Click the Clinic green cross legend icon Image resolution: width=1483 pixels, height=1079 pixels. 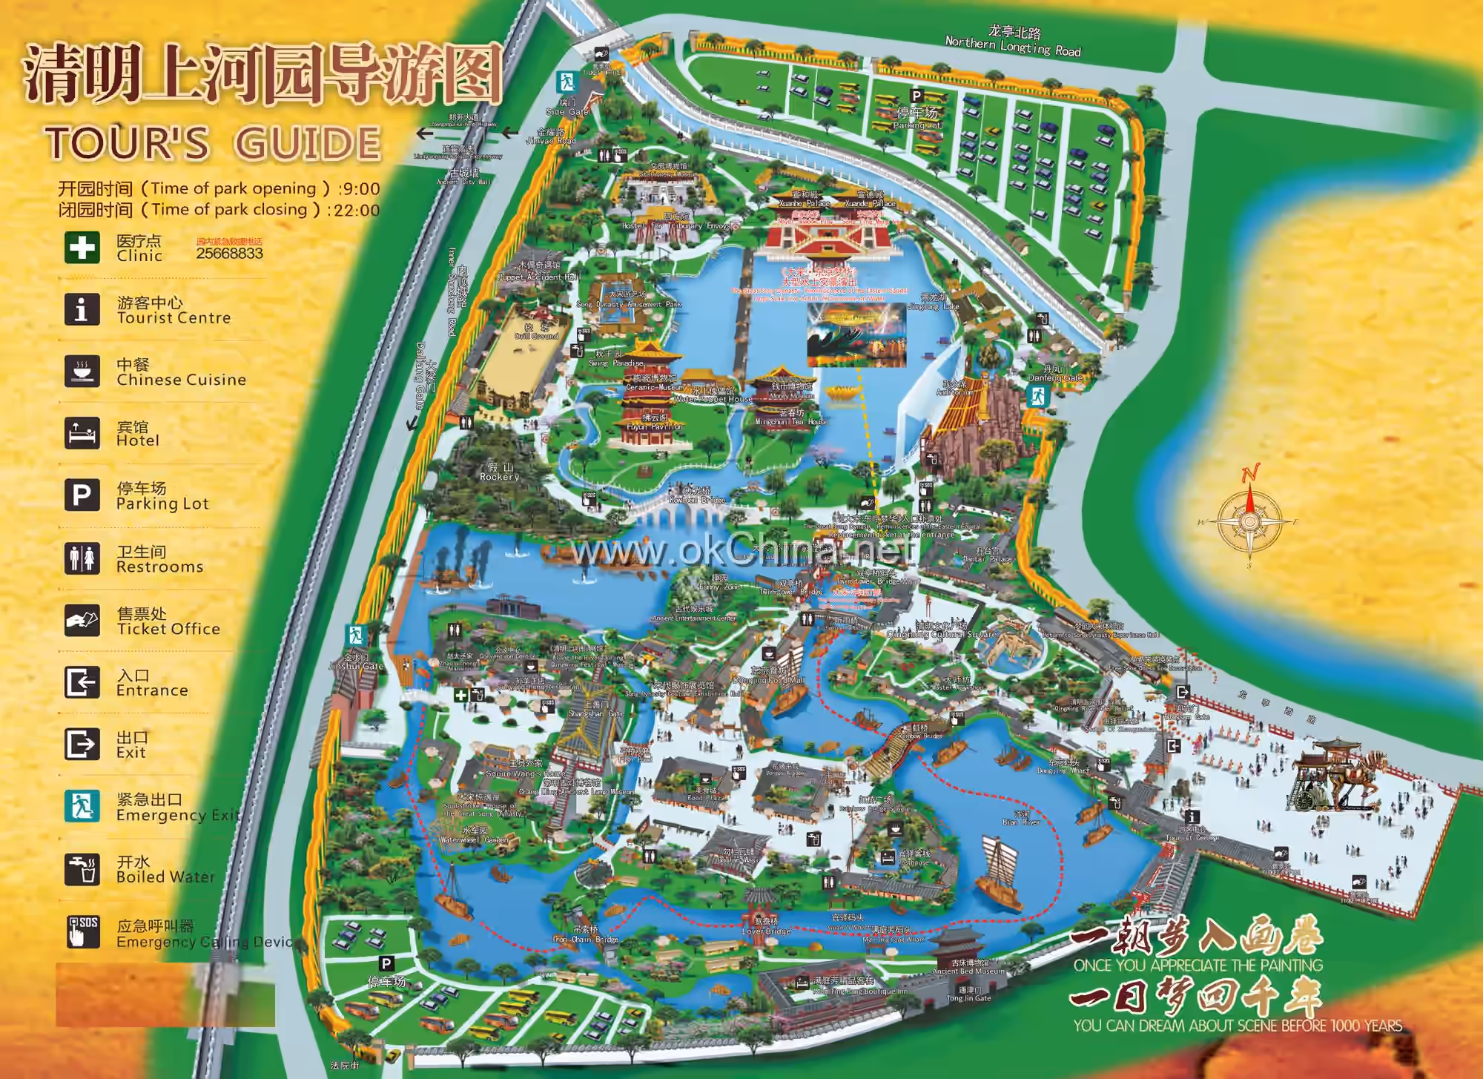pyautogui.click(x=82, y=247)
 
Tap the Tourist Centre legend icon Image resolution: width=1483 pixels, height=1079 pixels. pyautogui.click(x=82, y=309)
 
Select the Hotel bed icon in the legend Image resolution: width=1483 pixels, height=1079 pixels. pyautogui.click(x=82, y=433)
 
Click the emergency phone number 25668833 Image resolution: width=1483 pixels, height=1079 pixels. pyautogui.click(x=229, y=254)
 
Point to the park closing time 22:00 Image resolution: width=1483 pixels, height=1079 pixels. pyautogui.click(x=357, y=210)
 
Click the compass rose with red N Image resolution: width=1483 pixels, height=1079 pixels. pyautogui.click(x=1249, y=521)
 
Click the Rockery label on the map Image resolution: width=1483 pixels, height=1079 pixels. pyautogui.click(x=499, y=477)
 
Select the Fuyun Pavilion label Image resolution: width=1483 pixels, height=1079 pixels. pyautogui.click(x=653, y=426)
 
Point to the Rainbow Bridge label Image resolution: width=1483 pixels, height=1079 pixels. pyautogui.click(x=919, y=736)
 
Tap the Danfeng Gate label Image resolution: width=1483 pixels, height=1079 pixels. pyautogui.click(x=1054, y=377)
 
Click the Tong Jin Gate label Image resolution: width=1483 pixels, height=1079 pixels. pyautogui.click(x=968, y=998)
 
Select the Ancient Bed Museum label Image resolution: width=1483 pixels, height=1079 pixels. pyautogui.click(x=968, y=971)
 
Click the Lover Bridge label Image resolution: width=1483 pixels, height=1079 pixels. pyautogui.click(x=766, y=931)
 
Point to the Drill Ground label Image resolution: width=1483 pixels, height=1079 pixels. pyautogui.click(x=536, y=336)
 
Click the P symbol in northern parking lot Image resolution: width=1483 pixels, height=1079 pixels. pyautogui.click(x=916, y=96)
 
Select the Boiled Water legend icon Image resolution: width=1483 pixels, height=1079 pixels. pyautogui.click(x=82, y=868)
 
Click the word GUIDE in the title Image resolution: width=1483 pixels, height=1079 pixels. pyautogui.click(x=308, y=143)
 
